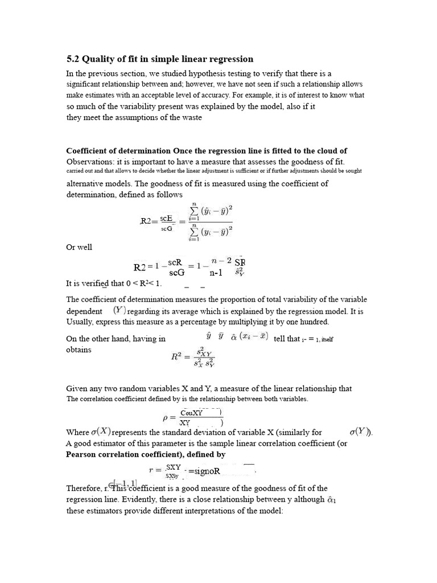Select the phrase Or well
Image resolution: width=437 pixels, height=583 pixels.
click(x=79, y=247)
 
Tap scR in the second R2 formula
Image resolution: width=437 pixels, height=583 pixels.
click(x=175, y=262)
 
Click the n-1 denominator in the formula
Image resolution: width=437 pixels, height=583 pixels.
click(x=217, y=272)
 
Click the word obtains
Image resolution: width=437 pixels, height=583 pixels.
click(x=79, y=350)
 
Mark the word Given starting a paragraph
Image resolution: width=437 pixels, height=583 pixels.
click(x=78, y=388)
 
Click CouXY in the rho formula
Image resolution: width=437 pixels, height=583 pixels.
click(x=191, y=413)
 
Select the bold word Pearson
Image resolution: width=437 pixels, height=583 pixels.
click(x=84, y=454)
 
